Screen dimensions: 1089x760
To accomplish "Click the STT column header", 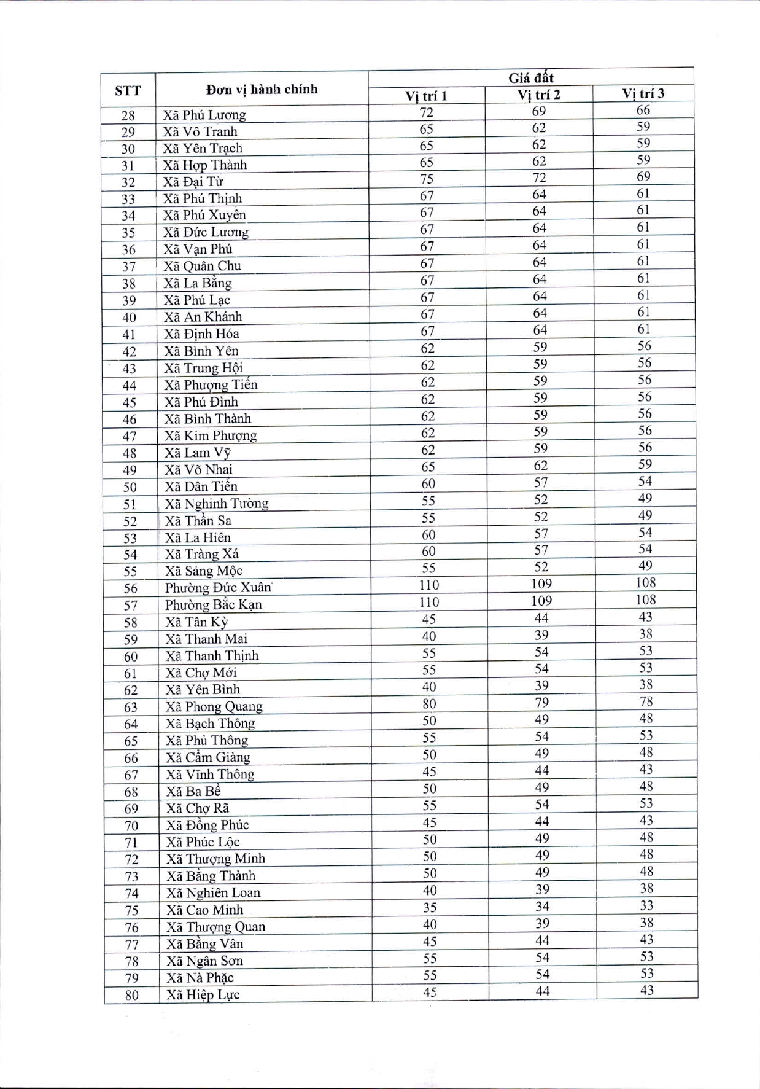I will pyautogui.click(x=128, y=91).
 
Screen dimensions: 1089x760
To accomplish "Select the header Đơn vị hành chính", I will pyautogui.click(x=262, y=90).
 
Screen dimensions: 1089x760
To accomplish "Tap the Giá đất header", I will pyautogui.click(x=531, y=78).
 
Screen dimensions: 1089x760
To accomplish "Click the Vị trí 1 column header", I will pyautogui.click(x=426, y=95).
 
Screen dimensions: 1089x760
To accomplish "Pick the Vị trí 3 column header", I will pyautogui.click(x=643, y=93).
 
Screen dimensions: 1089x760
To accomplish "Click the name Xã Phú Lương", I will pyautogui.click(x=204, y=115).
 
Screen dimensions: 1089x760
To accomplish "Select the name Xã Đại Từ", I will pyautogui.click(x=193, y=182).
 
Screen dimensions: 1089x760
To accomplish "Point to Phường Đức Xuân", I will pyautogui.click(x=218, y=588).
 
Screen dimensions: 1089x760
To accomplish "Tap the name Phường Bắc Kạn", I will pyautogui.click(x=213, y=605).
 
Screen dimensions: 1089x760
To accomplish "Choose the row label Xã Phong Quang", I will pyautogui.click(x=214, y=706).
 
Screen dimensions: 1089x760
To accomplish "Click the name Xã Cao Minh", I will pyautogui.click(x=204, y=910).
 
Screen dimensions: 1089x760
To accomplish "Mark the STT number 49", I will pyautogui.click(x=130, y=470).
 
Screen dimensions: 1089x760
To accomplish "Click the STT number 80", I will pyautogui.click(x=131, y=995).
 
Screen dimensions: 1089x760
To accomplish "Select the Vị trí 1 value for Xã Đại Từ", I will pyautogui.click(x=427, y=179).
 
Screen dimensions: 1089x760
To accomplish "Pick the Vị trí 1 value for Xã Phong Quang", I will pyautogui.click(x=429, y=704).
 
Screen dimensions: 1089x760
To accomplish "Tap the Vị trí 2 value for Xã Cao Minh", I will pyautogui.click(x=541, y=907).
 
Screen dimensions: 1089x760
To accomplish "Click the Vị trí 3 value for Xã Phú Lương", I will pyautogui.click(x=643, y=111).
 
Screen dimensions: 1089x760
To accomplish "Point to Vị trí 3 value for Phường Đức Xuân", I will pyautogui.click(x=646, y=582).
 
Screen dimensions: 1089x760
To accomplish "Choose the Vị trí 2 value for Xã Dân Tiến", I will pyautogui.click(x=541, y=483).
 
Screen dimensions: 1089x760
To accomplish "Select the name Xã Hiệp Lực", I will pyautogui.click(x=203, y=995).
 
